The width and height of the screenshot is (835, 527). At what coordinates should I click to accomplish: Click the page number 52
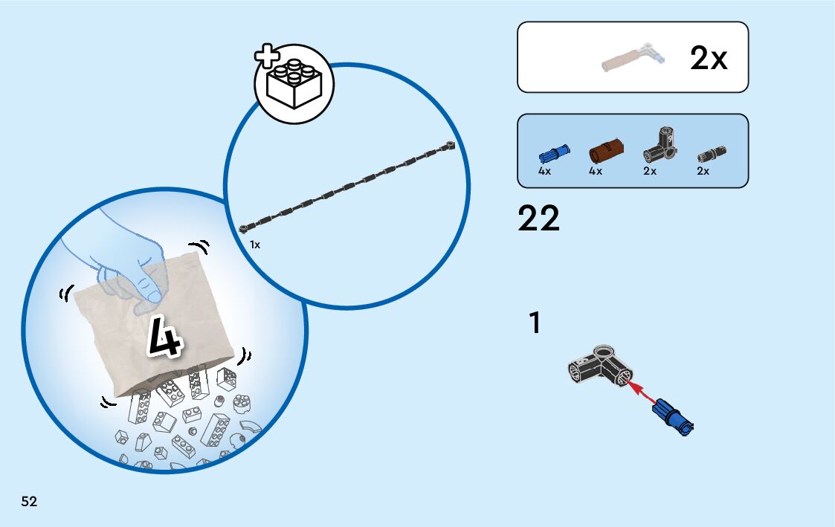(29, 502)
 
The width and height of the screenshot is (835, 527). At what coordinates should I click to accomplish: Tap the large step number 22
(538, 219)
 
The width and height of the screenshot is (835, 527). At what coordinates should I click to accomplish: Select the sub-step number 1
(534, 324)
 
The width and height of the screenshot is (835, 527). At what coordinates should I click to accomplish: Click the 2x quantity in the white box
(708, 59)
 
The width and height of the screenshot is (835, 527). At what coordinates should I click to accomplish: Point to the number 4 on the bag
(165, 339)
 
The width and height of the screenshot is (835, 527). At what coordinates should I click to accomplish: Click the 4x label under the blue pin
(544, 172)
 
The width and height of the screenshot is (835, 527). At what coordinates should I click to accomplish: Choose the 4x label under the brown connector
(595, 172)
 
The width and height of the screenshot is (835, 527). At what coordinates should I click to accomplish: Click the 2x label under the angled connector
(650, 172)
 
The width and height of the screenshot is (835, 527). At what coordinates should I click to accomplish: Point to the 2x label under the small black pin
(703, 172)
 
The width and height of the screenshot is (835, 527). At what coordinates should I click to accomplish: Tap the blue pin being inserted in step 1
(672, 416)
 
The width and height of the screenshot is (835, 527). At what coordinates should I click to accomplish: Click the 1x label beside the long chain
(255, 245)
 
